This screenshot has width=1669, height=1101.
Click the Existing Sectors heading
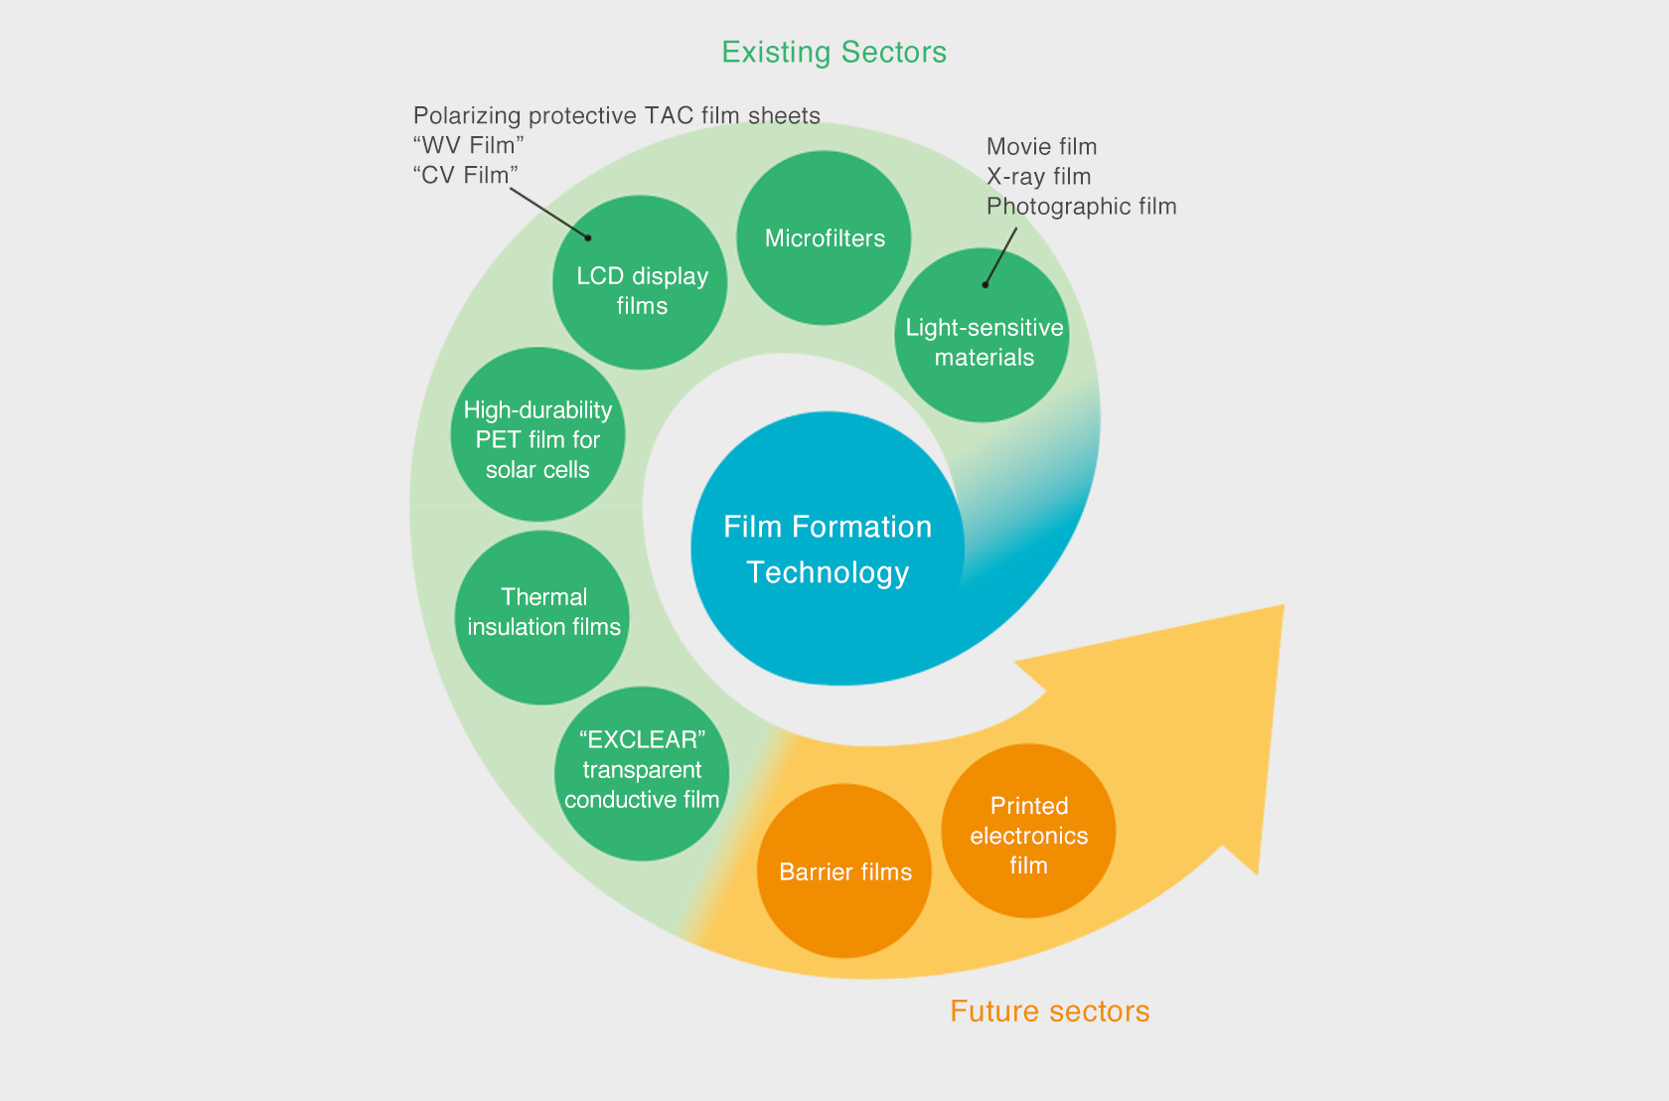(834, 53)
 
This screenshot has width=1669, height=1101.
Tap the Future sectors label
(1050, 1011)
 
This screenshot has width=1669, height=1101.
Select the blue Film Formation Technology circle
(827, 549)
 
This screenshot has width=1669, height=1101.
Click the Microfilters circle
(824, 237)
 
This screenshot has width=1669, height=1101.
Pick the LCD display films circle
(640, 282)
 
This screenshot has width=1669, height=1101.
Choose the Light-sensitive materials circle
(982, 336)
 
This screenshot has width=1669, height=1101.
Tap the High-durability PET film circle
(538, 434)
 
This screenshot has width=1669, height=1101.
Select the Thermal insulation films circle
(542, 617)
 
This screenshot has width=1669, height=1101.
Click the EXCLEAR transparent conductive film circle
(642, 774)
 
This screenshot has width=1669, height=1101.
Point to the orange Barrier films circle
(844, 870)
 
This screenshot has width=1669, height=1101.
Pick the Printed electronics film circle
(1028, 831)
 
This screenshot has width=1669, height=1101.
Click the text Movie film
(1041, 146)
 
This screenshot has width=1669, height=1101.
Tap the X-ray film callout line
(1000, 256)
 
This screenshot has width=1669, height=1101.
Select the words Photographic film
(1082, 207)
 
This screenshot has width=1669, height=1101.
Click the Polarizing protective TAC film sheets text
(617, 115)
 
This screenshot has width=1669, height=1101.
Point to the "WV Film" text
(469, 145)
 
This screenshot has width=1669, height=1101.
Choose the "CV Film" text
(466, 175)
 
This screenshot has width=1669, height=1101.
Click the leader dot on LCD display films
(588, 237)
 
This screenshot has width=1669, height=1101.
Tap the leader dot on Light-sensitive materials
(986, 285)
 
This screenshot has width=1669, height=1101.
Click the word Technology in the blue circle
(828, 573)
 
